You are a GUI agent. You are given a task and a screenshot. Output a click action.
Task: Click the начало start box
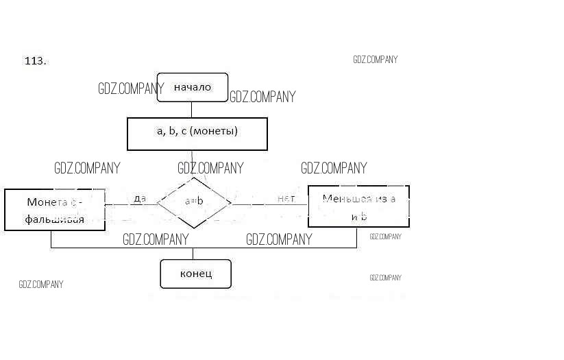pos(192,87)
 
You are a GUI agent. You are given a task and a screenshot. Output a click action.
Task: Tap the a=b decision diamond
pos(194,202)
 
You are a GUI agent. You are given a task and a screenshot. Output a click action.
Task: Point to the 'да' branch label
pos(140,198)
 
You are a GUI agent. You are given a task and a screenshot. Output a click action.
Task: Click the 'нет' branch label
pos(286,198)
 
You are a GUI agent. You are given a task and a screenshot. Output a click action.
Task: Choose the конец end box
pos(196,274)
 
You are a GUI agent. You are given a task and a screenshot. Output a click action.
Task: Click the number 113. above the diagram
pos(36,61)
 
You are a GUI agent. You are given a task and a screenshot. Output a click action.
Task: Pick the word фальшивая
pos(55,219)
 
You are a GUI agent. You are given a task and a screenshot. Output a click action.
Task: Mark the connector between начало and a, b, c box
pos(191,110)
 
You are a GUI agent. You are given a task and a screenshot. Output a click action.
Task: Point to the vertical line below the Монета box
pos(51,239)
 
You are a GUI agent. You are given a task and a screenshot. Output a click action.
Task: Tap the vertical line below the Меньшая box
pos(357,237)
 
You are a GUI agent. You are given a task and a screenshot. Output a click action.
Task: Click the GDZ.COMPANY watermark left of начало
pos(131,88)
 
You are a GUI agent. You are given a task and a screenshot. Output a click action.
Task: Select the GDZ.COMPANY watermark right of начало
pos(262,97)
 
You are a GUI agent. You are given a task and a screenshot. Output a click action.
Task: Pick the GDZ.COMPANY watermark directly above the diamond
pos(210,168)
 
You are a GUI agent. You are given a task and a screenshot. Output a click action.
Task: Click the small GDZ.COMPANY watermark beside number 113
pos(376,60)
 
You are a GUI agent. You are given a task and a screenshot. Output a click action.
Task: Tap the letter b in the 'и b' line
pos(364,217)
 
